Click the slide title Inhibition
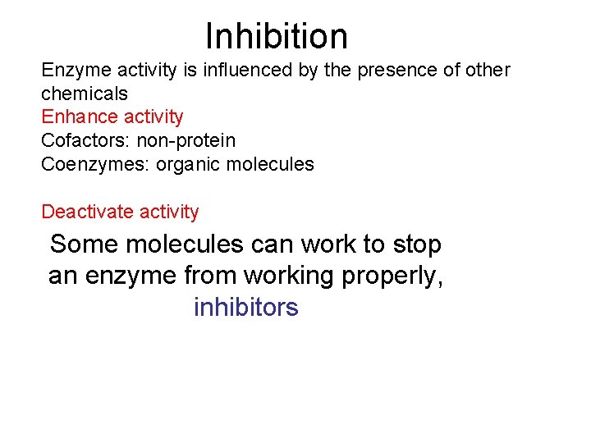pyautogui.click(x=277, y=36)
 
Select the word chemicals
pyautogui.click(x=84, y=94)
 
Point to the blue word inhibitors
pyautogui.click(x=246, y=308)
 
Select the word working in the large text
pyautogui.click(x=291, y=276)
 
